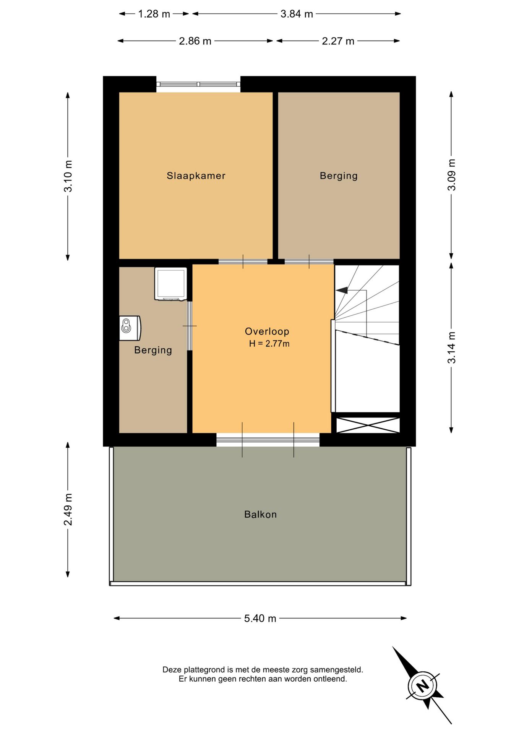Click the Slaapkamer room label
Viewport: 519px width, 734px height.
pos(196,176)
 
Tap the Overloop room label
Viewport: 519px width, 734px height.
pos(267,331)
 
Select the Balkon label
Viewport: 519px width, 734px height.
pos(261,515)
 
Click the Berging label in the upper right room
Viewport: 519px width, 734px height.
pos(339,176)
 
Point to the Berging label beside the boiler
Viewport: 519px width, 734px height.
pos(153,350)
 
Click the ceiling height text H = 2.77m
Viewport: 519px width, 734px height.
pos(269,344)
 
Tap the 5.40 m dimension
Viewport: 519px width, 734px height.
pos(260,619)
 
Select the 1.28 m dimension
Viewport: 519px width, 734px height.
pos(154,14)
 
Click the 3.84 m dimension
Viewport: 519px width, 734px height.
pos(297,14)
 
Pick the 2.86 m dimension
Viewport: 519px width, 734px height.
pos(195,41)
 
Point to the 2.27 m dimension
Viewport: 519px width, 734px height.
pos(338,41)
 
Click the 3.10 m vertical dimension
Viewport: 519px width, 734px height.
pos(68,176)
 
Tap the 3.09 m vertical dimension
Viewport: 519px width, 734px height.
pos(452,175)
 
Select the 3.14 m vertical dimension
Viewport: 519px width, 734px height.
pos(452,348)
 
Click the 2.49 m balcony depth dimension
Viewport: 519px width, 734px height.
pos(68,510)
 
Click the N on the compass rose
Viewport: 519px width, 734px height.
pos(423,686)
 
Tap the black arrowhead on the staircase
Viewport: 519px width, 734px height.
pos(342,290)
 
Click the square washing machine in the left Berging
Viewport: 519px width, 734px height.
pos(171,284)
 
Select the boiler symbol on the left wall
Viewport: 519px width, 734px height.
pos(130,328)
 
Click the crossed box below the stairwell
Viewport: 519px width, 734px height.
pos(368,425)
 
